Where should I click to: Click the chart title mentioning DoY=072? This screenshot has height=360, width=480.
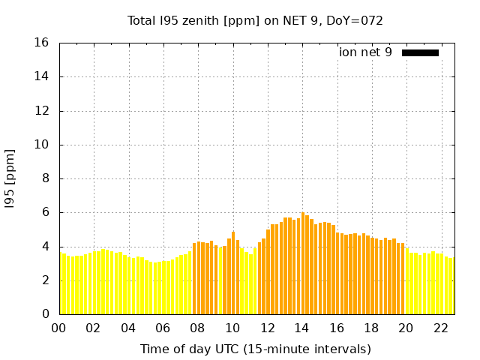pos(255,20)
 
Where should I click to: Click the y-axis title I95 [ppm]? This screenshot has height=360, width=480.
pos(10,178)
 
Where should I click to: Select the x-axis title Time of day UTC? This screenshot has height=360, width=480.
pos(255,349)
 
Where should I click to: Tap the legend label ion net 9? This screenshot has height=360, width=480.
pos(365,52)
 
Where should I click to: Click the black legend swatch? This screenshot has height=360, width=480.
pos(420,52)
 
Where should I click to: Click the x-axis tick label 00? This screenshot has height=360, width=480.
pos(58,328)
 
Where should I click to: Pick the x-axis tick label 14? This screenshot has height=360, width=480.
pos(301,328)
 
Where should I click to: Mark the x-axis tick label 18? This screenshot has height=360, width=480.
pos(370,328)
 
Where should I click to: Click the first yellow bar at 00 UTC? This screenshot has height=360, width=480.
pos(61,283)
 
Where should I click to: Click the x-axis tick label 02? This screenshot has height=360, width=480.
pos(93,328)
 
